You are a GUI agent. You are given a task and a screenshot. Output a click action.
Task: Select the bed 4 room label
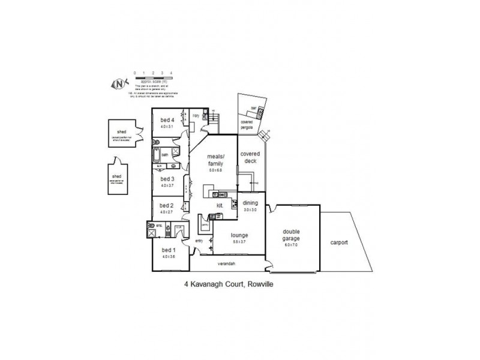167,120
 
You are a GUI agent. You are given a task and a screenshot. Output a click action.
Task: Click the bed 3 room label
167,179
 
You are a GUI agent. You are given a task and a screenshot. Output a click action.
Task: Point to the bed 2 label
166,206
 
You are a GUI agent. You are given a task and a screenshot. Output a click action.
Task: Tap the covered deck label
250,157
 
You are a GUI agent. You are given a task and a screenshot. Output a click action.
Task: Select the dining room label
250,203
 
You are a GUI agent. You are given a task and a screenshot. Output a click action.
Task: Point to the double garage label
293,235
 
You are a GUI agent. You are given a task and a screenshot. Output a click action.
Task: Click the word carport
339,243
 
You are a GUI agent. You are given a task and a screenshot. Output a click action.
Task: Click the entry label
199,241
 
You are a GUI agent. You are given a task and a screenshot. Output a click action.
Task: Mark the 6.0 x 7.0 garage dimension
293,245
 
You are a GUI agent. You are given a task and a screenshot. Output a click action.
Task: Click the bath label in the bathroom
164,154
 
